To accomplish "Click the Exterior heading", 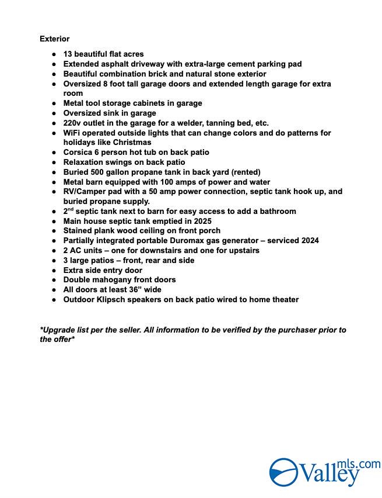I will (x=54, y=39).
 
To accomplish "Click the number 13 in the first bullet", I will (x=68, y=54).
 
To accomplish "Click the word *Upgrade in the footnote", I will (x=58, y=330).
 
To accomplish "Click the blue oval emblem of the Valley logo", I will (x=283, y=472).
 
